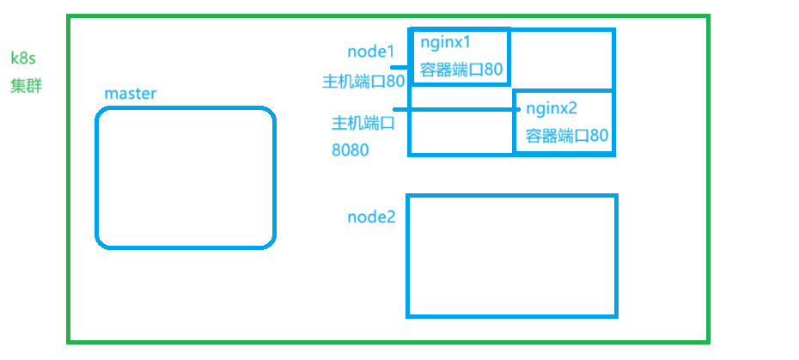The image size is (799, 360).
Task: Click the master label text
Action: pyautogui.click(x=130, y=94)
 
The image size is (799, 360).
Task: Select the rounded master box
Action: pyautogui.click(x=186, y=178)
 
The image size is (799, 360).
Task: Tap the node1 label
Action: pyautogui.click(x=371, y=52)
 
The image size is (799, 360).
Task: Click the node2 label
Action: pyautogui.click(x=371, y=217)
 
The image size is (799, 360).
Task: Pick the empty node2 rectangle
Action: pyautogui.click(x=512, y=256)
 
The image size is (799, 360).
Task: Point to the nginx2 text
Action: pyautogui.click(x=552, y=108)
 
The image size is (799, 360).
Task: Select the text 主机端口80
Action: pyautogui.click(x=363, y=82)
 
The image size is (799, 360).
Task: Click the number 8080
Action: pyautogui.click(x=350, y=150)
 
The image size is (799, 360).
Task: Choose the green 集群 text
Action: pyautogui.click(x=26, y=86)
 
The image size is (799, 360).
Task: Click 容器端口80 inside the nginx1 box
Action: pyautogui.click(x=461, y=70)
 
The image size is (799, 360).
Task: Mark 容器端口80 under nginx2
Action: pyautogui.click(x=567, y=136)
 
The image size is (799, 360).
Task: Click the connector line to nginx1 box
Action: pyautogui.click(x=401, y=67)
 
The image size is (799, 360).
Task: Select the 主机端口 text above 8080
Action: pyautogui.click(x=363, y=124)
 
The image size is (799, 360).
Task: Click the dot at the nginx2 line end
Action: pyautogui.click(x=518, y=109)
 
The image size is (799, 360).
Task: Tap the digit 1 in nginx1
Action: pyautogui.click(x=469, y=42)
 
